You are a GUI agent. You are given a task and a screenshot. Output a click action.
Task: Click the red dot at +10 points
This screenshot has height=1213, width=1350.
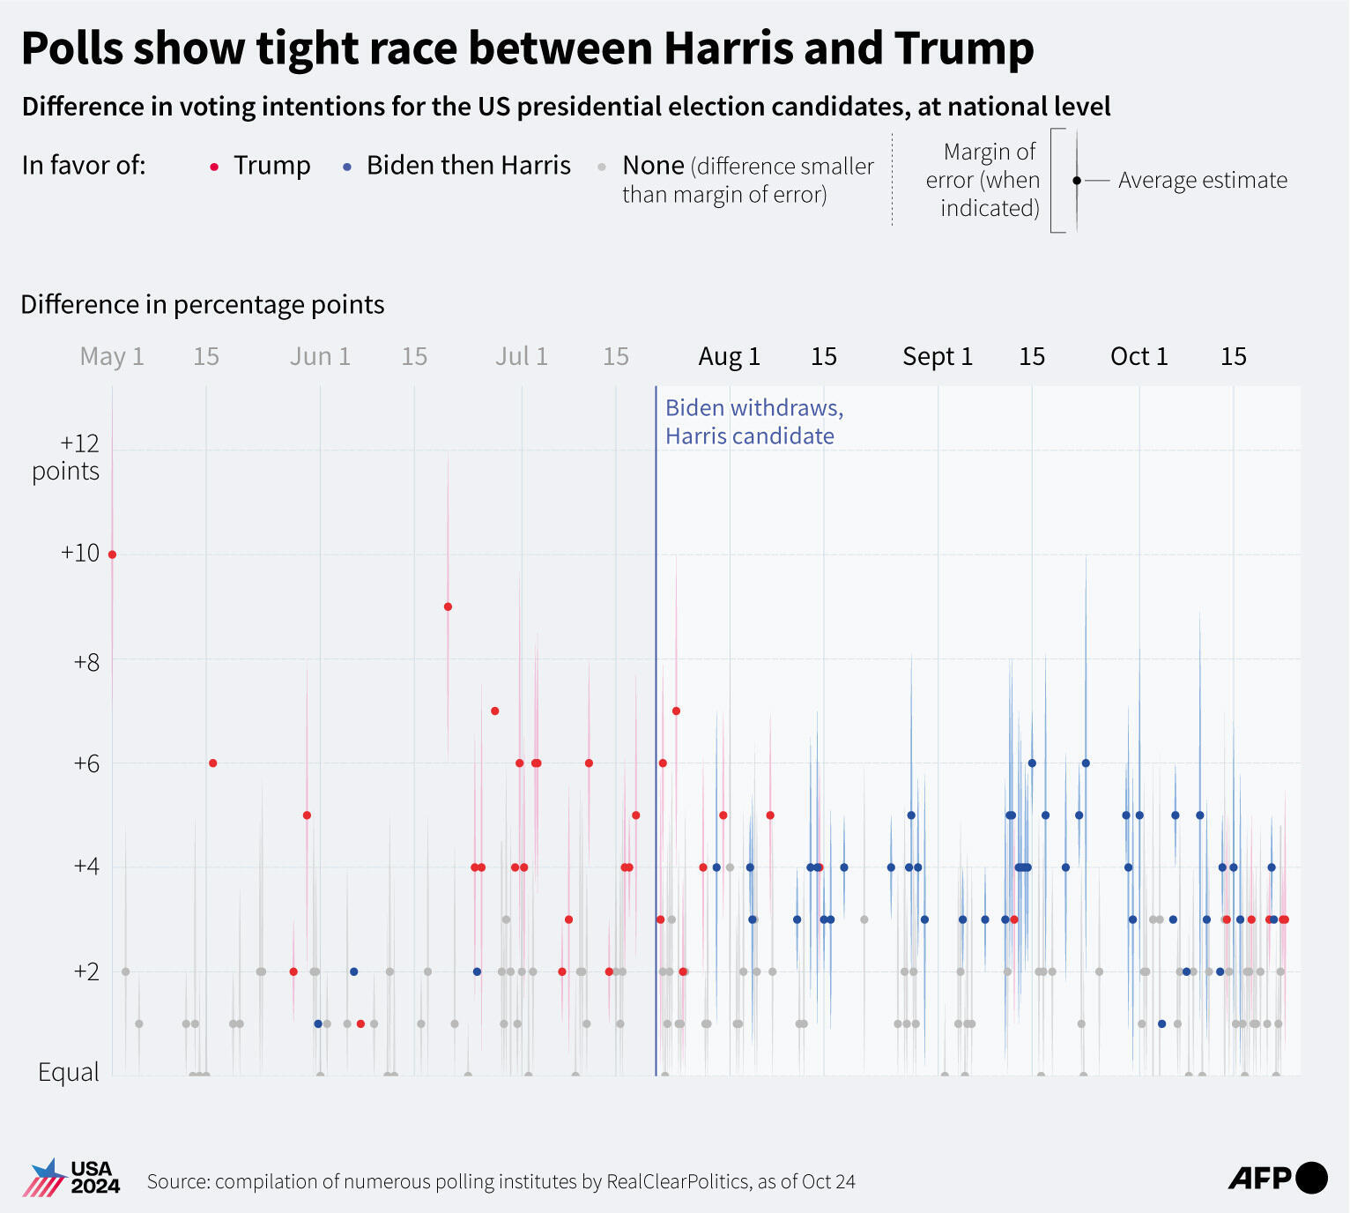112,554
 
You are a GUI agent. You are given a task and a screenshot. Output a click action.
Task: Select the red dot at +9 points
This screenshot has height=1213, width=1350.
448,606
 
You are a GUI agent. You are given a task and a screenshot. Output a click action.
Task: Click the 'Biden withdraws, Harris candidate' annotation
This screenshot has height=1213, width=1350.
753,421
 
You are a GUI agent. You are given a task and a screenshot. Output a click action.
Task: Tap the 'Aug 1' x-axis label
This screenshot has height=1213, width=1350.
729,356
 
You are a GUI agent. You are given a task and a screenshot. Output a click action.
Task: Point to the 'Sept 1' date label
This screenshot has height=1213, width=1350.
937,356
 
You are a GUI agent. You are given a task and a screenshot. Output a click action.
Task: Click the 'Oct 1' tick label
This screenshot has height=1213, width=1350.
1139,356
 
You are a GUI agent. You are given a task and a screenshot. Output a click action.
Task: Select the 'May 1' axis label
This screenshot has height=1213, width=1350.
112,356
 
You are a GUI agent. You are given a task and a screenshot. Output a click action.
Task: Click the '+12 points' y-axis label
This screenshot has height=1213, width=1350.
67,457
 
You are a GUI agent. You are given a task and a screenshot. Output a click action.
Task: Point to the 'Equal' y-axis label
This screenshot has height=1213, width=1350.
68,1072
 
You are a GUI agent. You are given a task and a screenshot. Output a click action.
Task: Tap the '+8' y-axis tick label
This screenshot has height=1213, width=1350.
86,661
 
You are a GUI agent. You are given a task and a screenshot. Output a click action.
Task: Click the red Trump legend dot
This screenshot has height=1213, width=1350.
214,167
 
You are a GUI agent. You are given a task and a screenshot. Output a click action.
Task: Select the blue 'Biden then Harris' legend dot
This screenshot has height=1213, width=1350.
347,167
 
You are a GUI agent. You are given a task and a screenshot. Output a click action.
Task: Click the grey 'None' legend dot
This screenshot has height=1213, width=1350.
602,167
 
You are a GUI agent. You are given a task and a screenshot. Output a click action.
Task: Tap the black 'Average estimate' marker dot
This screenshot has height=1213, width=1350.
1076,181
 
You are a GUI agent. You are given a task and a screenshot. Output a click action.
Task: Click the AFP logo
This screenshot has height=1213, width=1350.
1277,1178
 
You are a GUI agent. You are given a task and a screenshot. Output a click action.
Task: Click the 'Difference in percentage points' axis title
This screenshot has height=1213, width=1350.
203,304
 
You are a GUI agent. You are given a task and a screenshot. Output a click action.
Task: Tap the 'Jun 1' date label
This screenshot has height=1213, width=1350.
320,356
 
